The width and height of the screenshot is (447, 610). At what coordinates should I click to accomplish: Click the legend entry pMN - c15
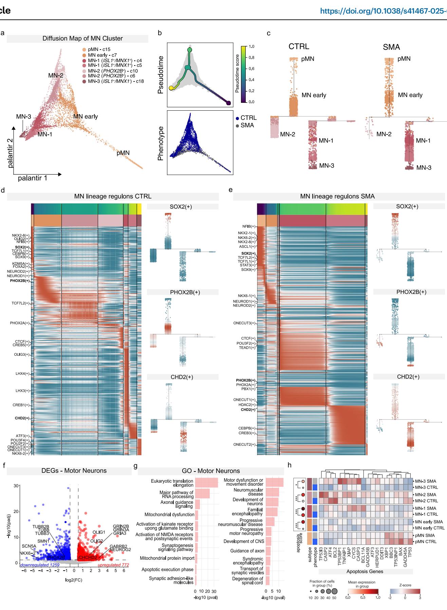pyautogui.click(x=99, y=50)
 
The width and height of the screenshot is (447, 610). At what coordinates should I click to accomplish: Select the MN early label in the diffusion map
pyautogui.click(x=86, y=116)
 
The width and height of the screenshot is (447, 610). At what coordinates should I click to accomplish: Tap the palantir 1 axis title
pyautogui.click(x=33, y=178)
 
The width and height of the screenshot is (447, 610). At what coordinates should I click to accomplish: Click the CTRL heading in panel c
pyautogui.click(x=299, y=47)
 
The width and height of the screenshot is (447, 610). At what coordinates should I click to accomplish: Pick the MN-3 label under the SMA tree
pyautogui.click(x=424, y=167)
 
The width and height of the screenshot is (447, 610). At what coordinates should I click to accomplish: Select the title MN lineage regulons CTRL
pyautogui.click(x=113, y=197)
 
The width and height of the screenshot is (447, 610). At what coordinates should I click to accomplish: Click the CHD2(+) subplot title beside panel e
pyautogui.click(x=408, y=377)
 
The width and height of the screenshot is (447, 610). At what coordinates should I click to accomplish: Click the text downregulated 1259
pyautogui.click(x=40, y=565)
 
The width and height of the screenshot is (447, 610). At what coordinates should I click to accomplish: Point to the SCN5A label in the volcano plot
pyautogui.click(x=29, y=546)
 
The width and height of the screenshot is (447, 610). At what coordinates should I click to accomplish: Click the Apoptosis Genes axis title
pyautogui.click(x=365, y=571)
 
